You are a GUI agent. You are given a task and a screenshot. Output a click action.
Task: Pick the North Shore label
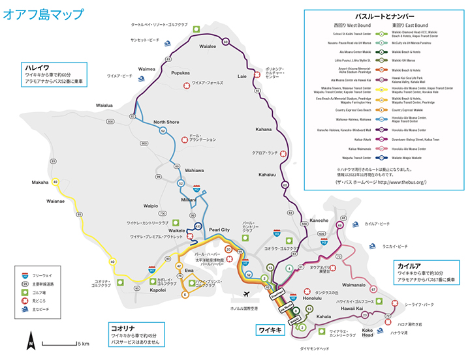click(166, 122)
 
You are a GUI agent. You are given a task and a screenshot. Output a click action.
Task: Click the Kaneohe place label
click(319, 220)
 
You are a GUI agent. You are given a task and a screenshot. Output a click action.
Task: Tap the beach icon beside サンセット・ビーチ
click(168, 43)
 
